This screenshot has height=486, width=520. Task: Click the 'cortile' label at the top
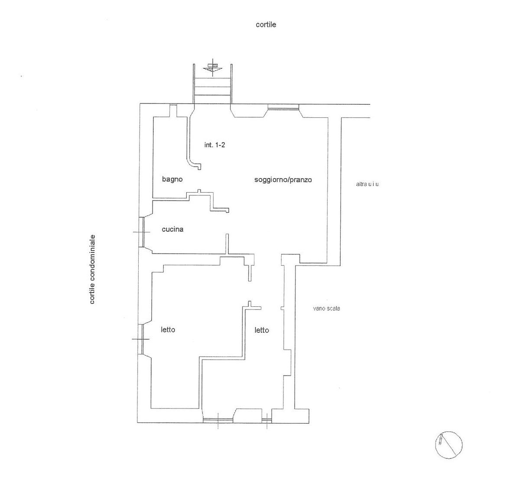[x=266, y=25]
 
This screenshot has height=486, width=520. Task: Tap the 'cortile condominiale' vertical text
[x=92, y=269]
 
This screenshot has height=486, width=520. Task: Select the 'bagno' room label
[x=172, y=179]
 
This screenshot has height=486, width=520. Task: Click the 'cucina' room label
[x=172, y=229]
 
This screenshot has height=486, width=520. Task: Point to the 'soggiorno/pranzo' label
[x=283, y=180]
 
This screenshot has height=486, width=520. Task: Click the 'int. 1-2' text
[x=214, y=145]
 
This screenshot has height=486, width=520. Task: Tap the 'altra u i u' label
[x=367, y=184]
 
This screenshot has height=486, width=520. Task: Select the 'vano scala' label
[x=326, y=309]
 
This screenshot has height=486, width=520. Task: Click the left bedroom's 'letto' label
[x=168, y=330]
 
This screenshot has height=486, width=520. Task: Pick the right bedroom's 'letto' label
[x=261, y=330]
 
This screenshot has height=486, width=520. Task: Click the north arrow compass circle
[x=448, y=445]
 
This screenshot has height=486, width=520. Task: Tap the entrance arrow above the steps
[x=212, y=68]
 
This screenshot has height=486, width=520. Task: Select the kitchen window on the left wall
[x=141, y=232]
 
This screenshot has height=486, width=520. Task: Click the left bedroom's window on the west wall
[x=140, y=338]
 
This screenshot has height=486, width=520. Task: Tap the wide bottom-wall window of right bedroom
[x=218, y=419]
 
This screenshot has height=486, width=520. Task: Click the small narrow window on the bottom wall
[x=266, y=419]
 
